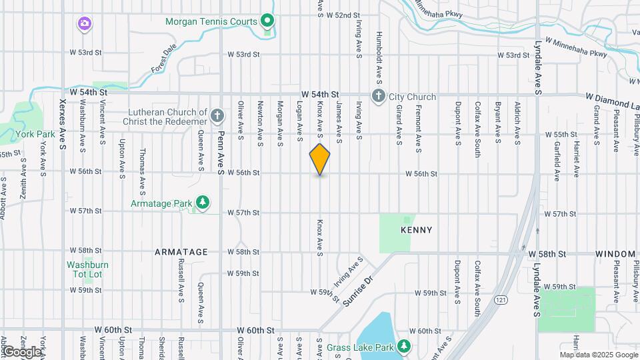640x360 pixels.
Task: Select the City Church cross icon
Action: (x=379, y=97)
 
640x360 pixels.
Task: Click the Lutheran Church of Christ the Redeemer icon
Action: (x=217, y=117)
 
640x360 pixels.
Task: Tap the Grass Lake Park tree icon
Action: (x=403, y=345)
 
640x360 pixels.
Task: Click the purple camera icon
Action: (x=84, y=25)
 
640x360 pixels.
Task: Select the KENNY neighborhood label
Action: (x=417, y=230)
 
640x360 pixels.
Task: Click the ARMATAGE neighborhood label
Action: (x=181, y=252)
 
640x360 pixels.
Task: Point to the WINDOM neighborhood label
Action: (x=616, y=254)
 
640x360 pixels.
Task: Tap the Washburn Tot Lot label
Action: (x=87, y=269)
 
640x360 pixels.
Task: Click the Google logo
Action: (x=21, y=351)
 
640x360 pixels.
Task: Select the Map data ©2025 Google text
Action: (x=598, y=355)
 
